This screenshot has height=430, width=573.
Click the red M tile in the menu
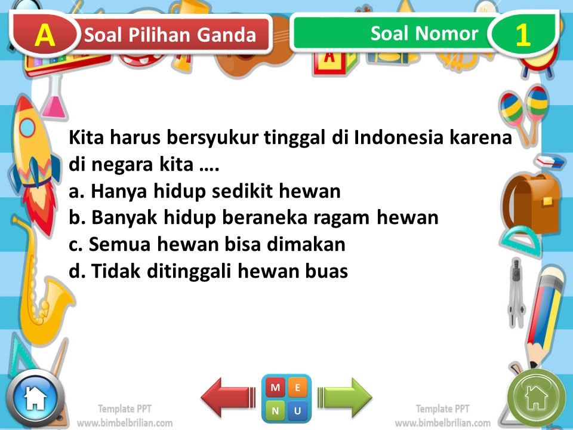(275, 388)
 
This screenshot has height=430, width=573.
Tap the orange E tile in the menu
(297, 388)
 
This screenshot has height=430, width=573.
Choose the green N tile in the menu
(275, 410)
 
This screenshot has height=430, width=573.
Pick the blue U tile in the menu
(297, 410)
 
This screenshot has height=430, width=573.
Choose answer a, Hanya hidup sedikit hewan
(205, 191)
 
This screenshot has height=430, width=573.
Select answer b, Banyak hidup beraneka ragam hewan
(254, 217)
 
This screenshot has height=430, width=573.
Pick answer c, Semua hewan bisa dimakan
(207, 244)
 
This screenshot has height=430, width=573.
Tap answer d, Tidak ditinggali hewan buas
(208, 271)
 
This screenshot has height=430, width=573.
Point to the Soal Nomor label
(424, 33)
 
